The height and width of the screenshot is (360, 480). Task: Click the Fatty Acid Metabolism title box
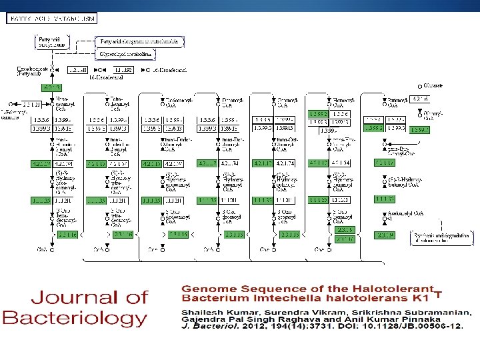click(x=52, y=18)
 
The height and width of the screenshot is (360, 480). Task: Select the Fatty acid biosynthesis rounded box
click(x=51, y=43)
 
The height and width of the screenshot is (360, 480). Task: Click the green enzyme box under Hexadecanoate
click(x=51, y=88)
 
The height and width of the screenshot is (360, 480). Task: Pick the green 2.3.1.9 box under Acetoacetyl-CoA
click(x=385, y=235)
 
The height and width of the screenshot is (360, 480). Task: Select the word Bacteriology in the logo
click(x=75, y=318)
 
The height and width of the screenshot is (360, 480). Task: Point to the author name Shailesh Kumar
click(x=213, y=312)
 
